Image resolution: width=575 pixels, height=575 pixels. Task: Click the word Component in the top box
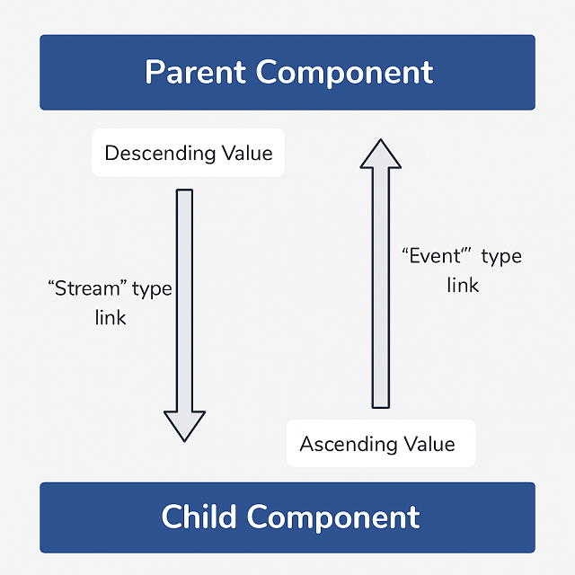[x=348, y=72]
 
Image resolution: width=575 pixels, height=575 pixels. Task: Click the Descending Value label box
[x=188, y=153]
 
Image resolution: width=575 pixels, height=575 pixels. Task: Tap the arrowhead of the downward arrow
[x=184, y=425]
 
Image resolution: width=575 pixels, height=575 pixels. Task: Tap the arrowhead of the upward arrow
[x=381, y=155]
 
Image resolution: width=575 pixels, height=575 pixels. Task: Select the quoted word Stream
[x=86, y=289]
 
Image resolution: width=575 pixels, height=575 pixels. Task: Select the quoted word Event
[x=437, y=256]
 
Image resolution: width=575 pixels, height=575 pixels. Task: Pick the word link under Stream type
[x=111, y=318]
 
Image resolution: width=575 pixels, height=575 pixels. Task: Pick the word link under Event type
[x=463, y=286]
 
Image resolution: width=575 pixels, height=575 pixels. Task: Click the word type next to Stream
[x=152, y=290]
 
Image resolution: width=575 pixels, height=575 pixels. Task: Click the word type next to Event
[x=501, y=257]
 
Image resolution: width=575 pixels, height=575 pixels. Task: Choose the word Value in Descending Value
[x=248, y=153]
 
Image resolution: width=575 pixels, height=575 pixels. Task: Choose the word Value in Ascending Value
[x=428, y=444]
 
